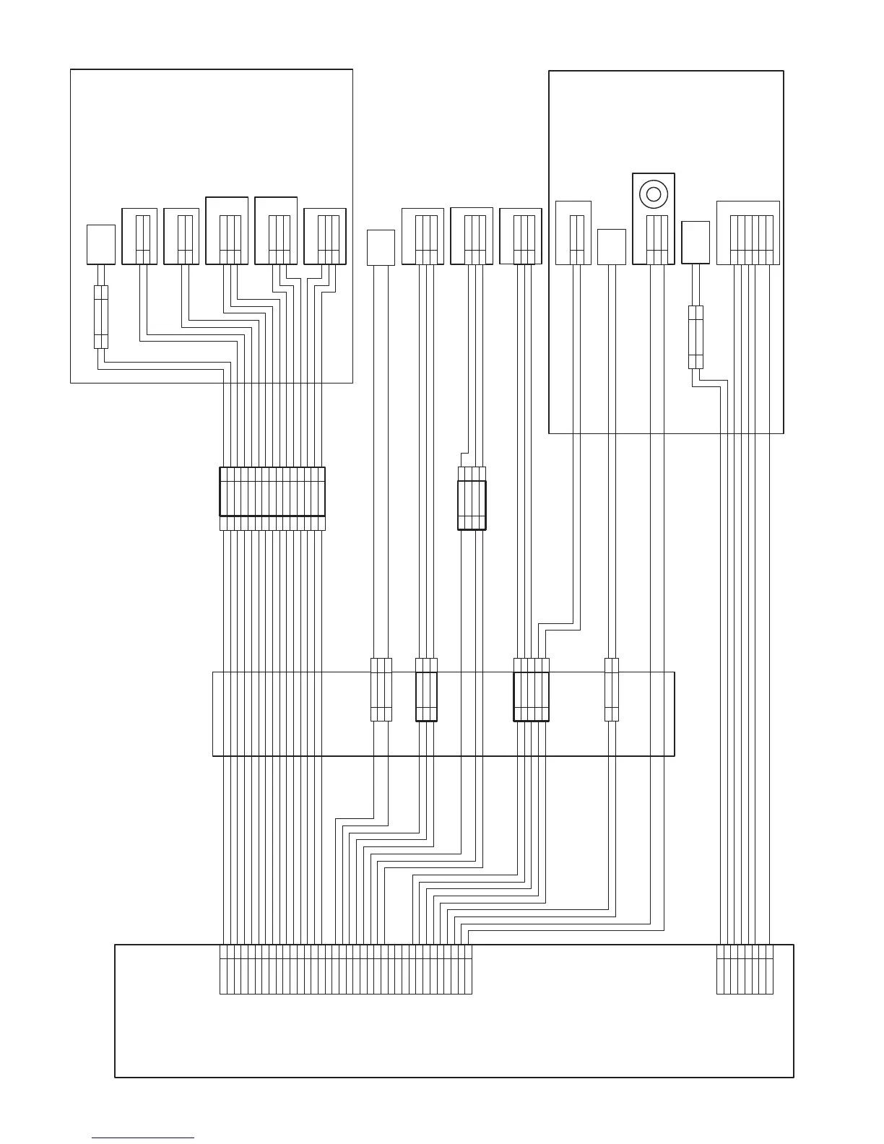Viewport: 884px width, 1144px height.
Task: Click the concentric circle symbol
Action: coord(654,194)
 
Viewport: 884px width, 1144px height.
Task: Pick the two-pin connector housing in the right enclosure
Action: coord(574,233)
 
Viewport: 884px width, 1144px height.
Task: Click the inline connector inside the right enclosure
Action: coord(695,337)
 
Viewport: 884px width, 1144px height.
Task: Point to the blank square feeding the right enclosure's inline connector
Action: coord(695,243)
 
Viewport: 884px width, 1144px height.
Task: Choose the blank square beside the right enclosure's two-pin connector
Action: coord(612,247)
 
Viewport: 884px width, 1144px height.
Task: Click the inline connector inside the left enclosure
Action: coord(101,317)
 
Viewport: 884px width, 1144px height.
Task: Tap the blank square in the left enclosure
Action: coord(101,244)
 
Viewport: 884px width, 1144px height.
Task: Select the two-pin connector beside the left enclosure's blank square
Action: coord(140,237)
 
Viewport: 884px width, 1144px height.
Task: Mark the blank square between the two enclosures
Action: coord(381,247)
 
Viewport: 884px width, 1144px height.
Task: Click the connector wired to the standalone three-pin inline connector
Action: coord(472,236)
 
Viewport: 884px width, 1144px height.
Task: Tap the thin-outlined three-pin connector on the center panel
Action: coord(381,690)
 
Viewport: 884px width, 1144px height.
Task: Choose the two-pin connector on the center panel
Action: coord(612,690)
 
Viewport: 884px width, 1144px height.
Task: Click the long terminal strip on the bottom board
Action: coord(345,969)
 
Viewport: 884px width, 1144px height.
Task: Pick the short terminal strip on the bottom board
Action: coord(745,969)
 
